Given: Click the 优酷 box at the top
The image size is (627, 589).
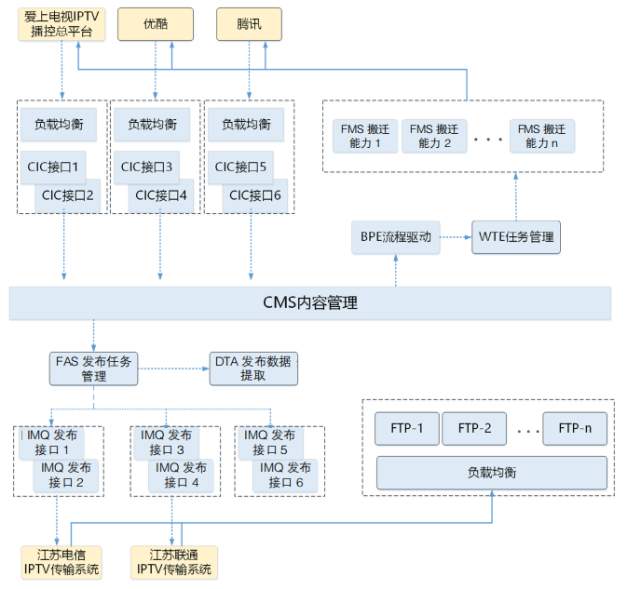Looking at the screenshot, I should pos(156,24).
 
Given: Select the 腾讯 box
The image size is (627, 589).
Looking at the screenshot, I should pos(249,24).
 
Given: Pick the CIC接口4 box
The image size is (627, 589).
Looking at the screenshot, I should pos(161,195).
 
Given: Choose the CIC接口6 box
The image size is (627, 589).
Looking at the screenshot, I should pos(254,195).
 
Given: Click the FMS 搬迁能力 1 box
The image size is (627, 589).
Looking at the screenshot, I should pos(364,136).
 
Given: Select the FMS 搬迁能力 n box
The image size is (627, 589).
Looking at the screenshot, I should pos(541,136).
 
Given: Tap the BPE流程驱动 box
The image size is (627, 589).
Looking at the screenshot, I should pos(395,236).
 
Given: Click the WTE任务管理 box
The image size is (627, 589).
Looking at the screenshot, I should pos(516,236).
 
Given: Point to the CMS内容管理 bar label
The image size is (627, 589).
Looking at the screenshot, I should pos(309,303).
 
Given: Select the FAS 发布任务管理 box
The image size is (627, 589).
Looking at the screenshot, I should pos(93,368).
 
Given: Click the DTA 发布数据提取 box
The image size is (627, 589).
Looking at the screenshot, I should pos(252,368).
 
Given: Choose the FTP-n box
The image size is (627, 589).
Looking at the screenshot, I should pos(575,429).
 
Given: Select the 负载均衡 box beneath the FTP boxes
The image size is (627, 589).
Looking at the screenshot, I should pos(491,473).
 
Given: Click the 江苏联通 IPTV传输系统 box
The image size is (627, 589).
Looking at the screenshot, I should pos(173,562).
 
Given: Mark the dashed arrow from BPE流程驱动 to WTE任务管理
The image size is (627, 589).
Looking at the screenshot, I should pos(455,236).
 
